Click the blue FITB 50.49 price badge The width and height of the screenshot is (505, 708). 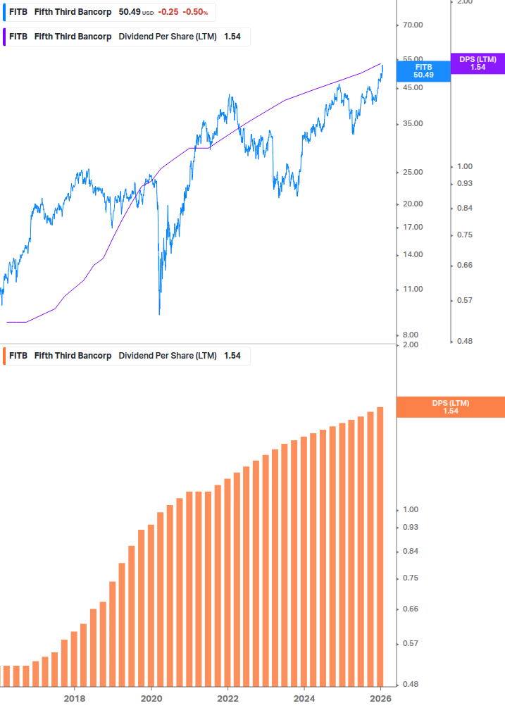point(423,71)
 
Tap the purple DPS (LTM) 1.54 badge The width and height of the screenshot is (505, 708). point(478,63)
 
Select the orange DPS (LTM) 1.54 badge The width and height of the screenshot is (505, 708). point(451,407)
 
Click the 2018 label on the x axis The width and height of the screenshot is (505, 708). point(75,698)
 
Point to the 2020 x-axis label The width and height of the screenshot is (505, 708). point(151,698)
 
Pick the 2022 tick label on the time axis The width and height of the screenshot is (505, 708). point(227,698)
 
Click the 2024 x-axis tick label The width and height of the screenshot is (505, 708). point(304,698)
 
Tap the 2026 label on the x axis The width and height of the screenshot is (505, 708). point(380,698)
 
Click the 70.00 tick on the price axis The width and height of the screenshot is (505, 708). point(412,25)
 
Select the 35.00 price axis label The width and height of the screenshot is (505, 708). point(412,124)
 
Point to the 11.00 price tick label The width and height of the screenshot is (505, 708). point(412,290)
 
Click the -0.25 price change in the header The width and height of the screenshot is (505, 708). point(168,12)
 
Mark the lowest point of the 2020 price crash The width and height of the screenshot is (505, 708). point(159,313)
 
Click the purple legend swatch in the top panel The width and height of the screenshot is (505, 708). point(6,37)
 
